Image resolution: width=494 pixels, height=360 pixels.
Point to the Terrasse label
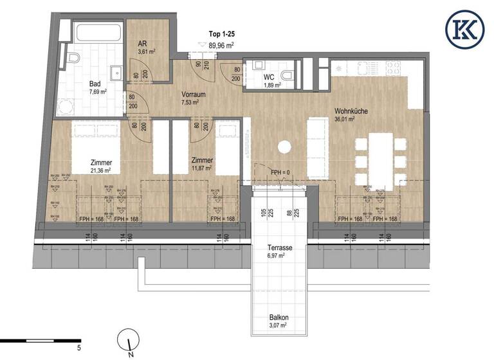click(x=280, y=248)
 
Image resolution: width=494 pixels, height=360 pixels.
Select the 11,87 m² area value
click(x=203, y=169)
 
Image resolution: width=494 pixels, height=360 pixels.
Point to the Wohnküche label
click(x=351, y=111)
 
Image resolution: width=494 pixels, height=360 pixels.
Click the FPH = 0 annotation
click(x=281, y=172)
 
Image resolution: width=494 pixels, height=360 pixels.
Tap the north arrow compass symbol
click(x=130, y=341)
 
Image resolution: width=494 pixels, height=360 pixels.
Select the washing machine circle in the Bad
click(x=64, y=107)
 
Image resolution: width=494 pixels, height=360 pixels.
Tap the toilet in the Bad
click(x=73, y=60)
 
